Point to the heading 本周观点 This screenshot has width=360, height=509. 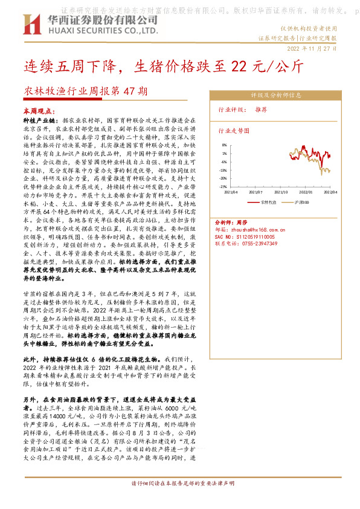[40, 112]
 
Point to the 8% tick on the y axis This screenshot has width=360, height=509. [223, 145]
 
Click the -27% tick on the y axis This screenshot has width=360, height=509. [223, 187]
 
